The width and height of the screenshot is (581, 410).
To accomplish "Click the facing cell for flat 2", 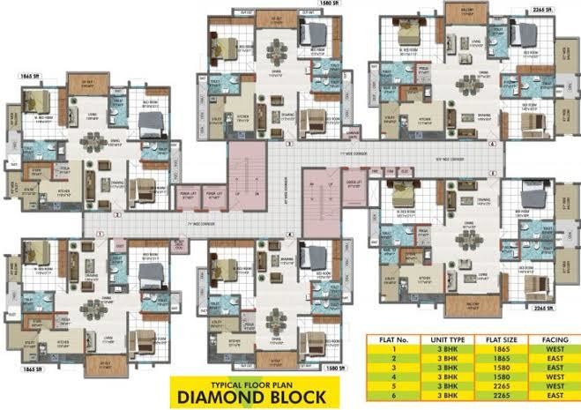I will point(553,360).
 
